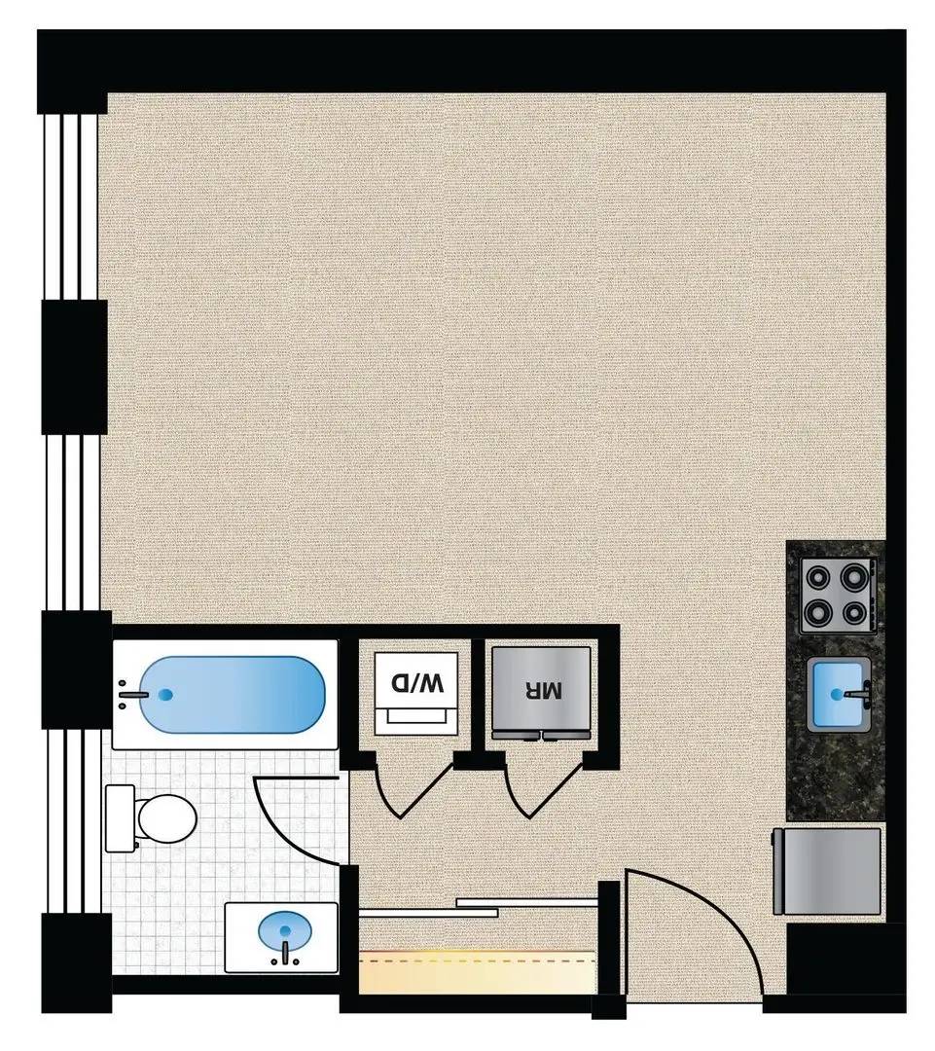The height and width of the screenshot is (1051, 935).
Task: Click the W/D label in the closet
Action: coord(416,684)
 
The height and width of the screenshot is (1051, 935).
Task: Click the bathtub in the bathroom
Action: coord(234,695)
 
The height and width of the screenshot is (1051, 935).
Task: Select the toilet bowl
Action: coord(164,819)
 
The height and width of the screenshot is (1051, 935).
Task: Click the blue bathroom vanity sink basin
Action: coord(285,931)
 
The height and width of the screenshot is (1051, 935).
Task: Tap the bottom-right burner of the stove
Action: coord(854,611)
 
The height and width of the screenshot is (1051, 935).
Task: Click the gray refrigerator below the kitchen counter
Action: coord(826,871)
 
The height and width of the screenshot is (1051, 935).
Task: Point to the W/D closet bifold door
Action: coord(411,792)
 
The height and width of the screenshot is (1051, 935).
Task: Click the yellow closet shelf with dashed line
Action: coord(477,972)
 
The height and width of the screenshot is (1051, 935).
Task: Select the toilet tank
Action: coord(120,818)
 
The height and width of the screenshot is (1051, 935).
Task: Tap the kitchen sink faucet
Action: coord(859,695)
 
